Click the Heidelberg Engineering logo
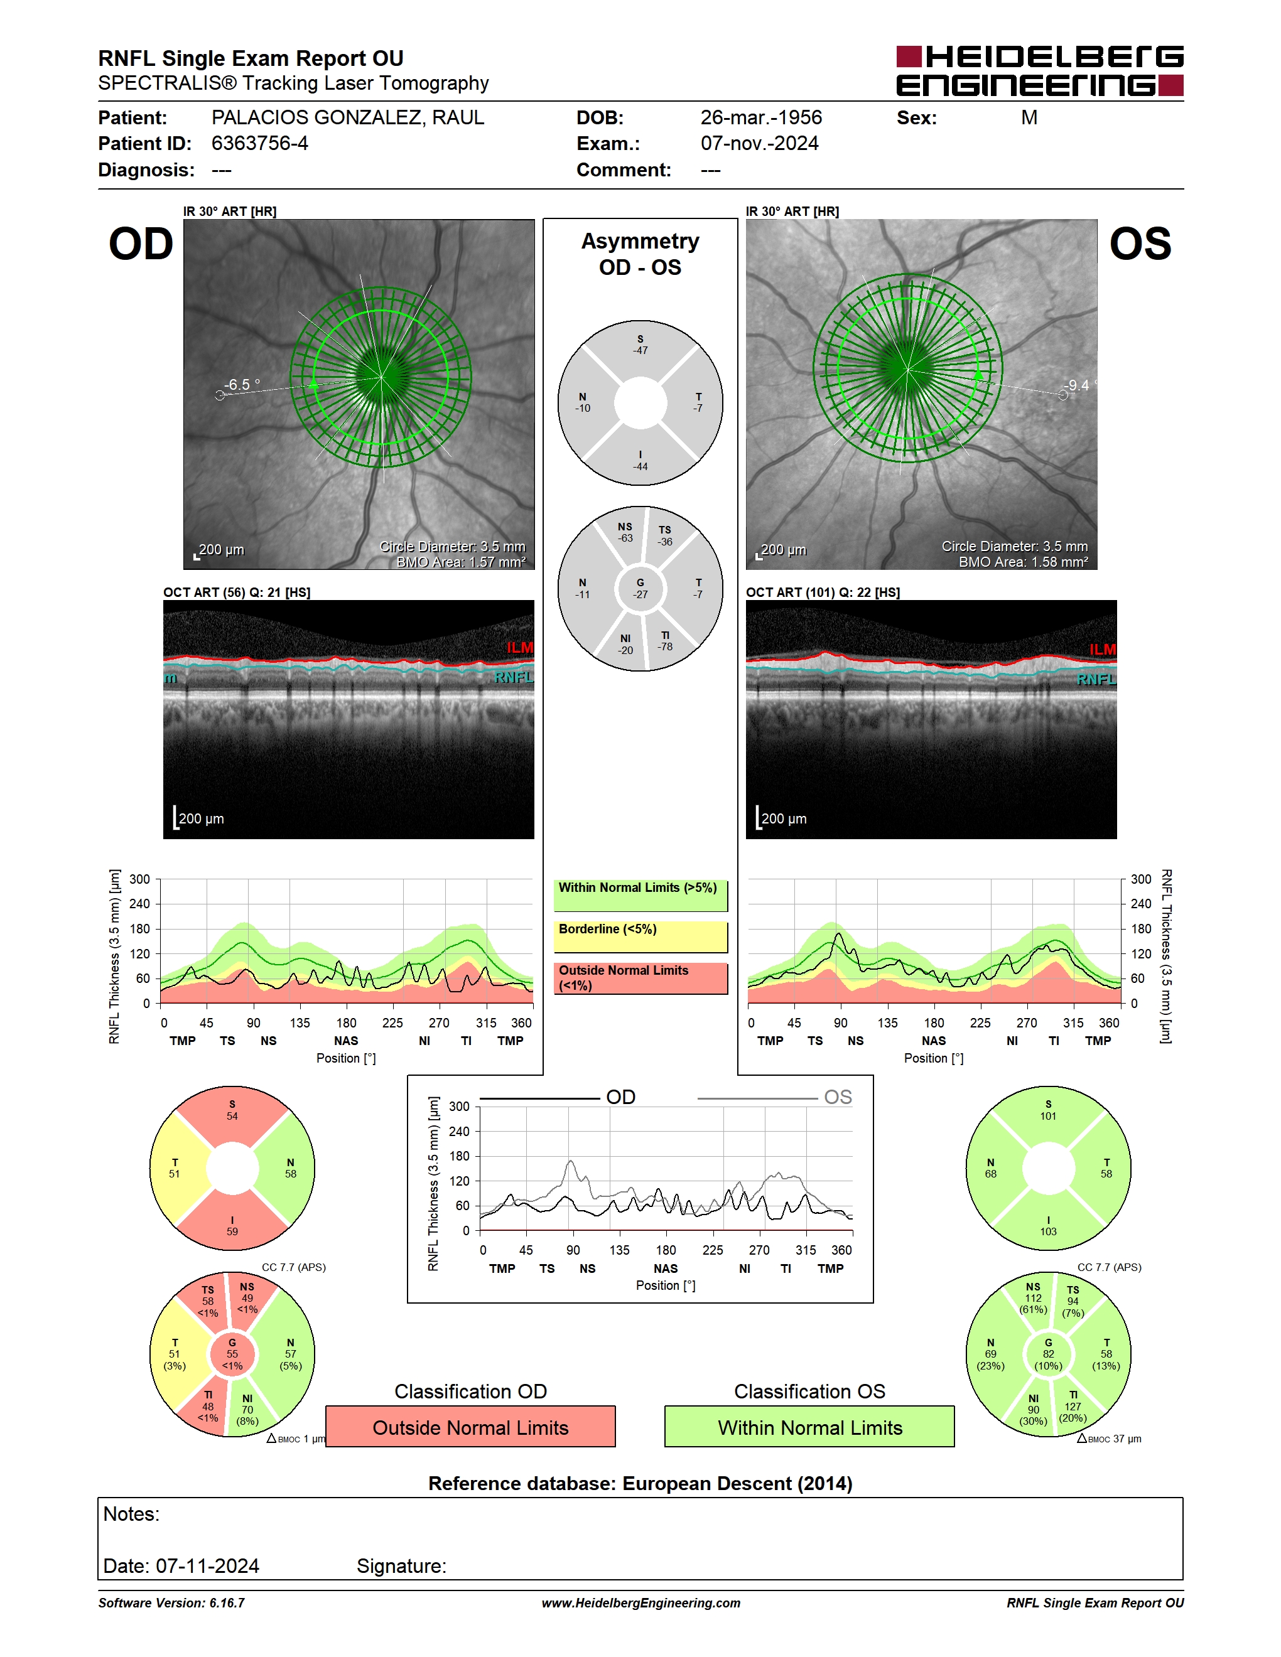coord(1040,70)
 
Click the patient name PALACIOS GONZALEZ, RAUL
coord(348,117)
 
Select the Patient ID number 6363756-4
coord(259,143)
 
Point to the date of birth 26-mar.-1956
coord(761,117)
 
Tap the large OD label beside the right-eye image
coord(141,244)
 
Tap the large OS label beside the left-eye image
coord(1140,244)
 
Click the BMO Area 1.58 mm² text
coord(1023,562)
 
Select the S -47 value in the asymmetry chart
coord(640,345)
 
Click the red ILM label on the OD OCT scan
coord(520,647)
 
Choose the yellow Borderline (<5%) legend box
coord(640,937)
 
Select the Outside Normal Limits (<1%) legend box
coord(640,979)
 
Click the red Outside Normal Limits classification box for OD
coord(470,1427)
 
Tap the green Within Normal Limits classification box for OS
coord(810,1427)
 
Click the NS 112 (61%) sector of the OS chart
coord(1033,1298)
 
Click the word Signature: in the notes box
coord(401,1567)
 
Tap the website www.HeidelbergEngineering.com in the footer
coord(641,1603)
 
